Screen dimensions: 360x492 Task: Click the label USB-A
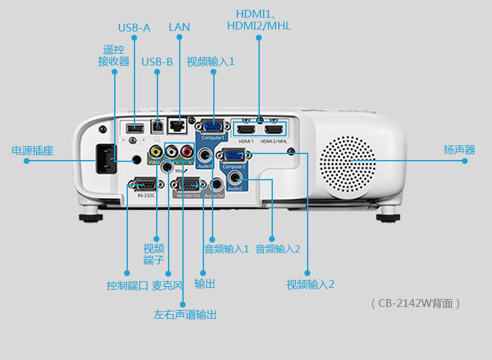coord(134,28)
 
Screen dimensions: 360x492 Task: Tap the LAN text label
coord(179,27)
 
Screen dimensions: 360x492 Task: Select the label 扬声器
coord(459,150)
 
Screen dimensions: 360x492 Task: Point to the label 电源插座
coord(32,151)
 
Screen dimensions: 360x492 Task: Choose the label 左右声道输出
coord(185,315)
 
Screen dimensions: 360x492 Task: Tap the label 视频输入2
coord(310,285)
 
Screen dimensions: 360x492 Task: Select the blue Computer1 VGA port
coord(213,127)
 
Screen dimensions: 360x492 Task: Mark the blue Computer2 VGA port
coord(234,156)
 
